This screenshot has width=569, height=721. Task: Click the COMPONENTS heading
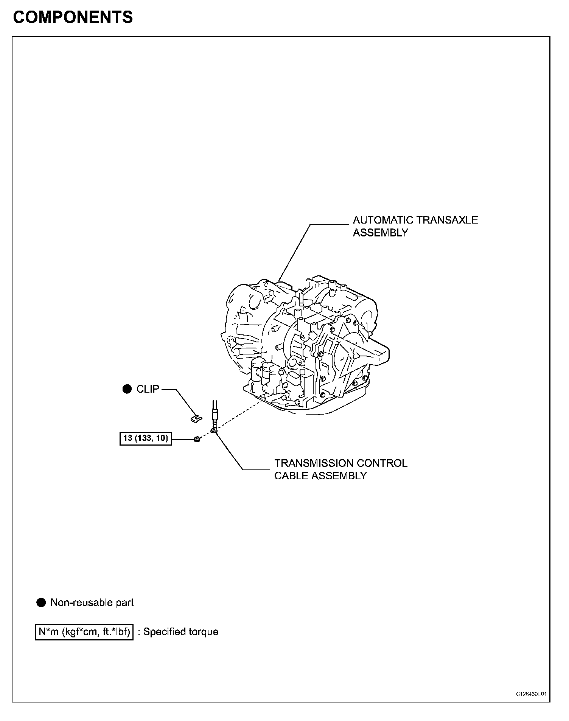tap(73, 17)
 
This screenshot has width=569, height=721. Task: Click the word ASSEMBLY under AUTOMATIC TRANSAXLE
tap(381, 233)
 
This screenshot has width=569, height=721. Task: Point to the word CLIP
tap(148, 389)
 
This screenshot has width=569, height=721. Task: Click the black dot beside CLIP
tap(127, 389)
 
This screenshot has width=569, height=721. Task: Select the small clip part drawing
tap(196, 418)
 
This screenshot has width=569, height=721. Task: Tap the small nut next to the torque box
tap(197, 439)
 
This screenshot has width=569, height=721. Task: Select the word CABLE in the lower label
tap(290, 476)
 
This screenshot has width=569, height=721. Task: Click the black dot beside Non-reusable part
tap(41, 603)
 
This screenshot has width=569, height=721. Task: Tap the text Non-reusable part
tap(92, 603)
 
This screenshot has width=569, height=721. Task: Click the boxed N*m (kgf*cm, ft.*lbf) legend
tap(84, 632)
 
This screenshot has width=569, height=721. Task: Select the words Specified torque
tap(181, 632)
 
